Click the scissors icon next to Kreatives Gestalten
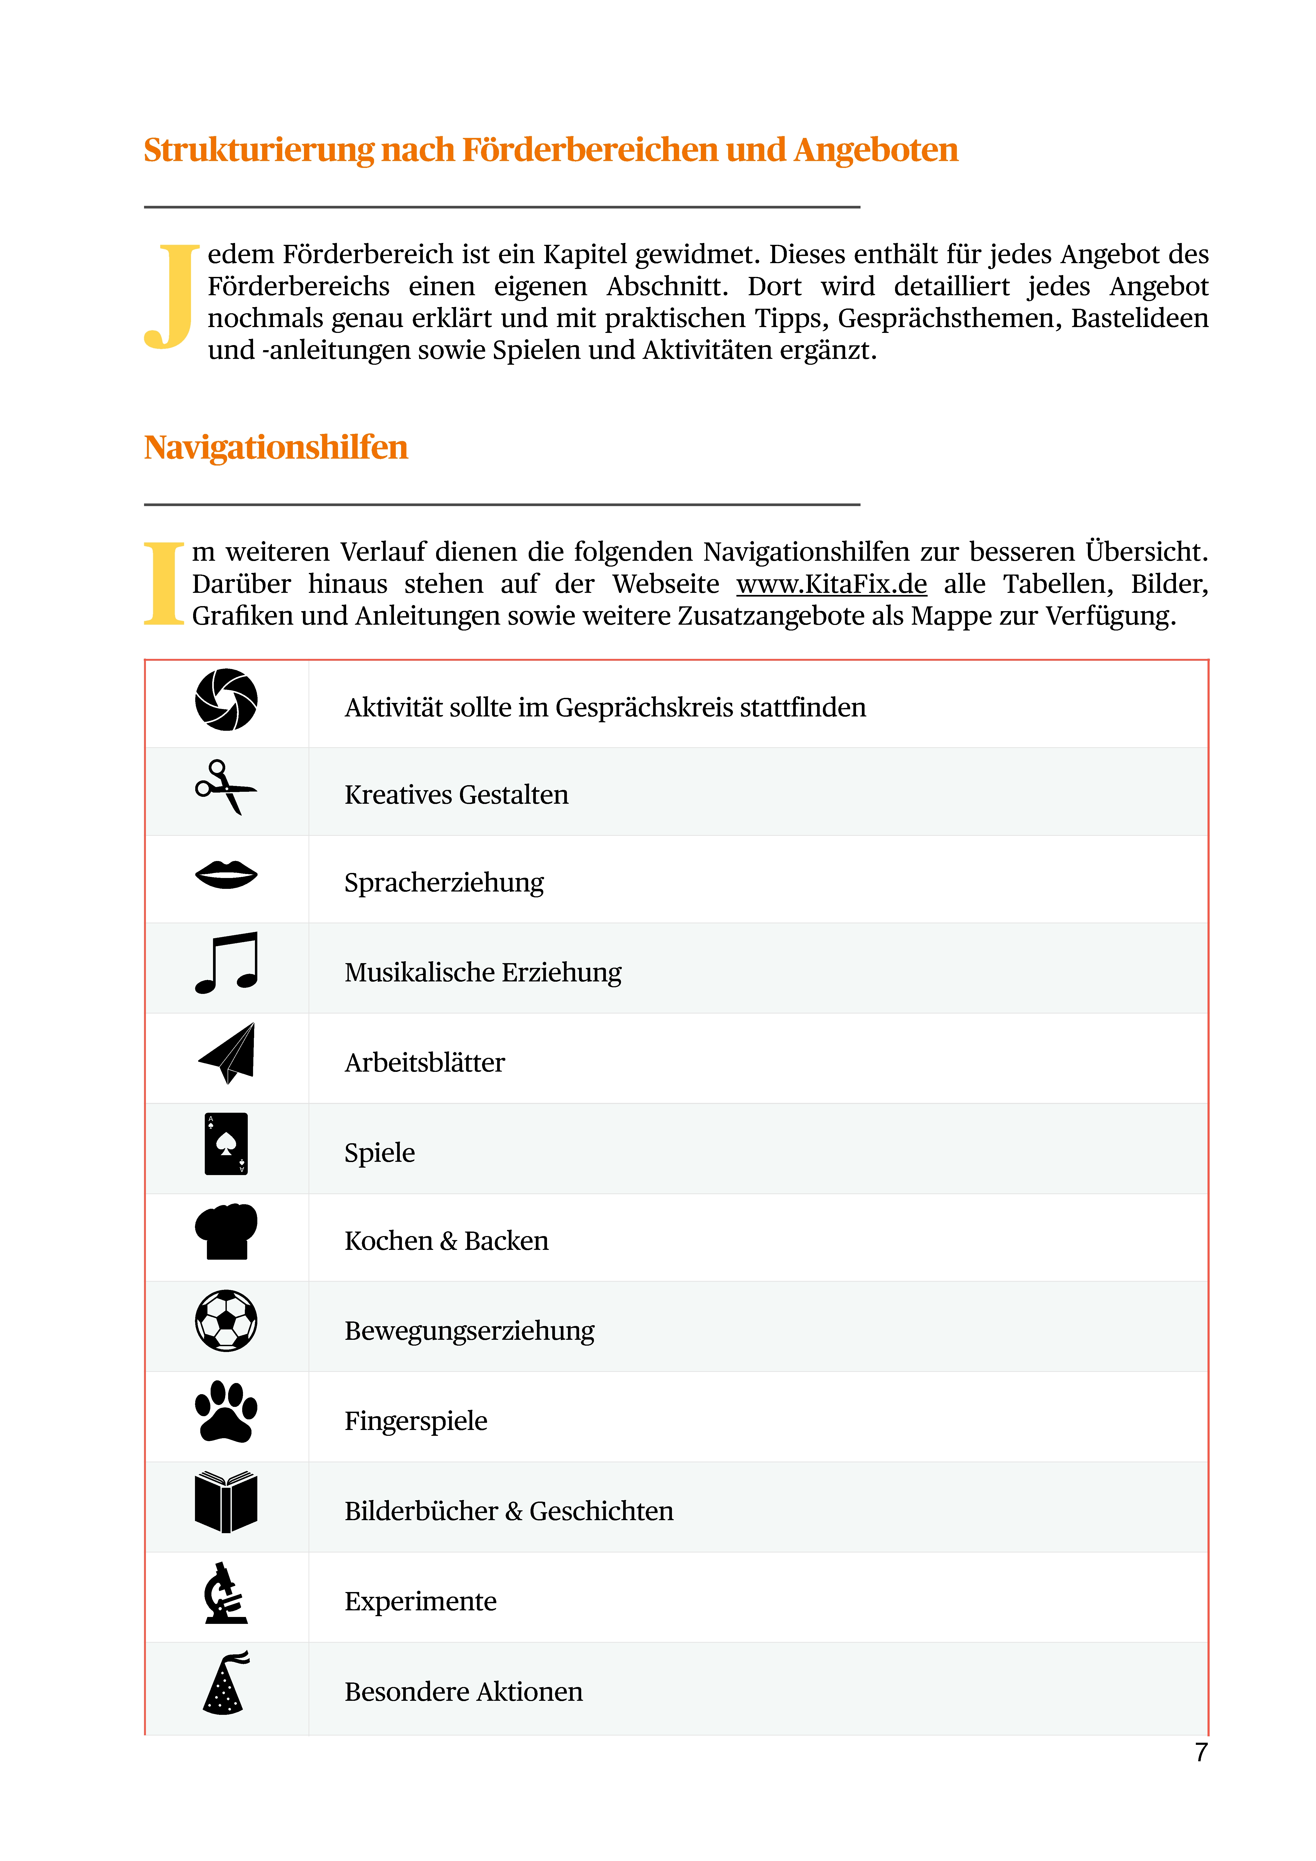[225, 787]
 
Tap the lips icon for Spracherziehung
[226, 875]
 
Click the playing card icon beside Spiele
[226, 1144]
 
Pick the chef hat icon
[226, 1231]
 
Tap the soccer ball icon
[226, 1320]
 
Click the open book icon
[226, 1502]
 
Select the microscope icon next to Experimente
[225, 1593]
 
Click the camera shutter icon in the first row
[226, 699]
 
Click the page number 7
[1201, 1753]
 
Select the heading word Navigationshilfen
[276, 447]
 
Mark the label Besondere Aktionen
[463, 1692]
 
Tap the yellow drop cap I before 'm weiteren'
[165, 584]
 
